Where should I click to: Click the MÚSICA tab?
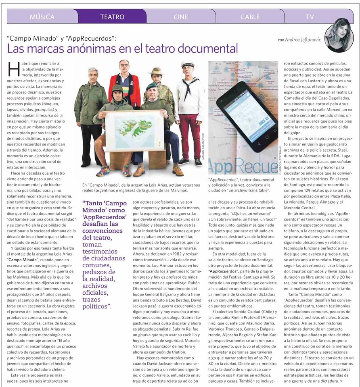[42, 17]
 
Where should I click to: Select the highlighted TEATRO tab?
[112, 17]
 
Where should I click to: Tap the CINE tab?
[181, 17]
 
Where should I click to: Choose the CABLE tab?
[250, 17]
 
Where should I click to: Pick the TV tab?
[310, 17]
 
